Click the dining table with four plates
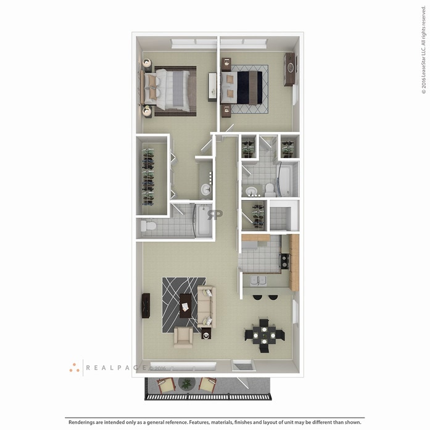[264, 334]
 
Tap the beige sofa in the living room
[206, 306]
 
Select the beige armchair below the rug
[183, 336]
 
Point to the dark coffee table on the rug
[184, 305]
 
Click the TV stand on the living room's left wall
[146, 305]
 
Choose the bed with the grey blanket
[172, 90]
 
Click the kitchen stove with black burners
[285, 261]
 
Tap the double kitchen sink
[258, 281]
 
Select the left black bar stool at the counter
[257, 297]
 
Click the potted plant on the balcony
[186, 384]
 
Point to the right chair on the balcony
[208, 385]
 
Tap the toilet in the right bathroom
[270, 188]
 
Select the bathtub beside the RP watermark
[202, 221]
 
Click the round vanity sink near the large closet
[205, 189]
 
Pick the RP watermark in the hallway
[215, 215]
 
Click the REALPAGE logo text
[117, 368]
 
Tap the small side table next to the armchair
[206, 333]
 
